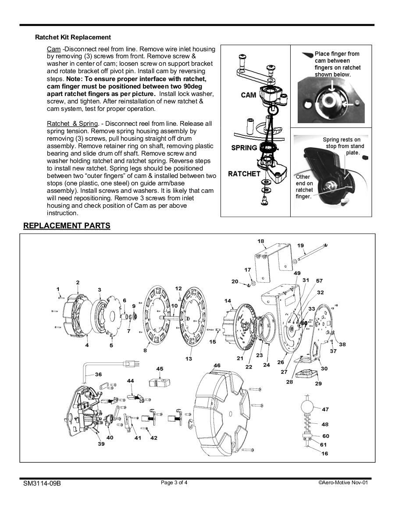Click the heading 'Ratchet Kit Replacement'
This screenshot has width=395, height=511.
(73, 37)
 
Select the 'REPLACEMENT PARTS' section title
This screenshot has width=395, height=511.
(67, 226)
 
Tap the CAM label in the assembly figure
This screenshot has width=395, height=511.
(249, 95)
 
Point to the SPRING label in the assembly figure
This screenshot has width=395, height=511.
(244, 148)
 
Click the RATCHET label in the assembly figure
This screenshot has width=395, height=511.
(244, 174)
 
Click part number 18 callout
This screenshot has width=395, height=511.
(261, 241)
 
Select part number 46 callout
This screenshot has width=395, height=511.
(217, 366)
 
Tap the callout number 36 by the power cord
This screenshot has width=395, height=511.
(98, 374)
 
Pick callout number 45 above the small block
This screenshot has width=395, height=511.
(160, 369)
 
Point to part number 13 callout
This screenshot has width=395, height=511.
(189, 359)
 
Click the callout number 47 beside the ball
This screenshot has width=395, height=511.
(325, 409)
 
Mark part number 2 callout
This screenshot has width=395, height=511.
(78, 282)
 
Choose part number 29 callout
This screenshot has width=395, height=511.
(318, 383)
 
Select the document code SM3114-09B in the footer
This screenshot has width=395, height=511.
(42, 483)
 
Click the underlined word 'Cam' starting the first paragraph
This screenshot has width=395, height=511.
(53, 49)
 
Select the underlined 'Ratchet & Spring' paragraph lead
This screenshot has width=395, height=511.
(72, 124)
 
